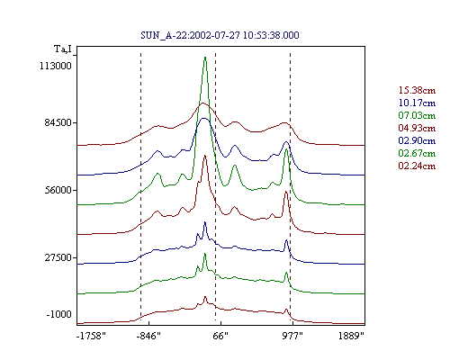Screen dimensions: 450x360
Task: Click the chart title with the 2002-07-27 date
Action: pyautogui.click(x=220, y=35)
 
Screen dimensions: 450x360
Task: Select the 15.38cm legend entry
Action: pyautogui.click(x=417, y=90)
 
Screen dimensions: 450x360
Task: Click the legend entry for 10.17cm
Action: pyautogui.click(x=417, y=103)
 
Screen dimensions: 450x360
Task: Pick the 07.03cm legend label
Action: pyautogui.click(x=417, y=115)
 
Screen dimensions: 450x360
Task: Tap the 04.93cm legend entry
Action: pyautogui.click(x=417, y=128)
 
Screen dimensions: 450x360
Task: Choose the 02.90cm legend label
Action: pyautogui.click(x=417, y=140)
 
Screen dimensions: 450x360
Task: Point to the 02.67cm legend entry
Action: pyautogui.click(x=417, y=153)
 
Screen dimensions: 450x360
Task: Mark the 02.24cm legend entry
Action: pyautogui.click(x=417, y=166)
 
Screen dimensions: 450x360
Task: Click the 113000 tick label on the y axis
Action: pyautogui.click(x=56, y=66)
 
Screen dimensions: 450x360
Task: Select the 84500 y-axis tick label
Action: pyautogui.click(x=57, y=122)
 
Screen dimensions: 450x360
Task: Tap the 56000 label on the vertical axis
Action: pyautogui.click(x=58, y=190)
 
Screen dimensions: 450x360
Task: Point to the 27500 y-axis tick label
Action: pyautogui.click(x=58, y=257)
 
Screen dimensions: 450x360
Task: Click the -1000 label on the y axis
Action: pyautogui.click(x=58, y=314)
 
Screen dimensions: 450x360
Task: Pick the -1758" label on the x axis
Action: pyautogui.click(x=91, y=336)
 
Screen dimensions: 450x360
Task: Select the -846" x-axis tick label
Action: pyautogui.click(x=148, y=336)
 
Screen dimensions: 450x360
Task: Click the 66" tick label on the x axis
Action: pyautogui.click(x=220, y=336)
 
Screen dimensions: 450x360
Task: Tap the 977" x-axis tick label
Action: pyautogui.click(x=292, y=336)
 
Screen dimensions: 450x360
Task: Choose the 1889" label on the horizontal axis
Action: pyautogui.click(x=351, y=336)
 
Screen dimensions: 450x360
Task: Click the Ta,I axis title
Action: pyautogui.click(x=63, y=49)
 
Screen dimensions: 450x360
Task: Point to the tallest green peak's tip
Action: pyautogui.click(x=205, y=57)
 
